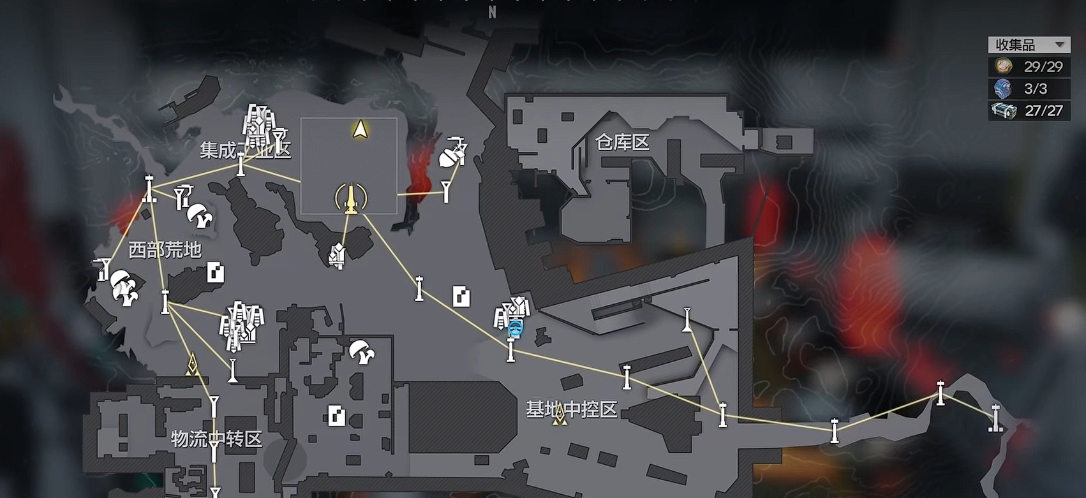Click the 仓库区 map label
pyautogui.click(x=622, y=142)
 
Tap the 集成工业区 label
pyautogui.click(x=245, y=150)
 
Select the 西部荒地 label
pyautogui.click(x=165, y=250)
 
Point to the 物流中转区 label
pyautogui.click(x=217, y=439)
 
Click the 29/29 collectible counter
pyautogui.click(x=1043, y=66)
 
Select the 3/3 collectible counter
pyautogui.click(x=1036, y=89)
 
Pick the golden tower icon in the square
pyautogui.click(x=351, y=198)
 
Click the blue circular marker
pyautogui.click(x=516, y=328)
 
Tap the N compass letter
pyautogui.click(x=493, y=13)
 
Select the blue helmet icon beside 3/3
pyautogui.click(x=1002, y=89)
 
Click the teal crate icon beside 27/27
pyautogui.click(x=1004, y=111)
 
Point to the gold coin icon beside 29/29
pyautogui.click(x=1003, y=66)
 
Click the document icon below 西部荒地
pyautogui.click(x=216, y=272)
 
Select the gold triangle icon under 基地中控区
pyautogui.click(x=560, y=415)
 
